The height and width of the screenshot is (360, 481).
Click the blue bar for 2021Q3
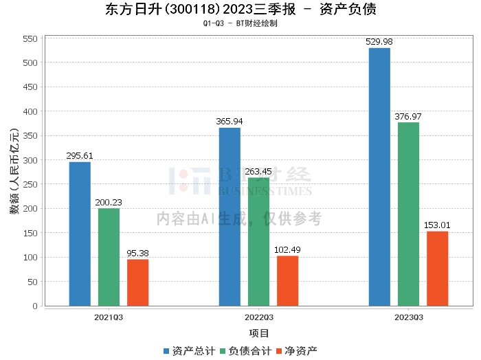(80, 234)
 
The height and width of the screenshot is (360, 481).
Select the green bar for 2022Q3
(258, 242)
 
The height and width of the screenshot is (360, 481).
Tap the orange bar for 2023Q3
(437, 269)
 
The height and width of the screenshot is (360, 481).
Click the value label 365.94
(230, 121)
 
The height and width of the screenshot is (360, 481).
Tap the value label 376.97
(408, 116)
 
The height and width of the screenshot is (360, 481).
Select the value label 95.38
(137, 253)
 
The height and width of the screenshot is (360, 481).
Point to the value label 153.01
(437, 225)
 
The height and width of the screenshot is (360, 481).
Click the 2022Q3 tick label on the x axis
(258, 317)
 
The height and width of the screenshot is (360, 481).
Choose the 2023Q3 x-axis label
(408, 317)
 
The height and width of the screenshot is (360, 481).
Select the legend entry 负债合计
(245, 350)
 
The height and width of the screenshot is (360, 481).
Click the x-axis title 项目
(259, 333)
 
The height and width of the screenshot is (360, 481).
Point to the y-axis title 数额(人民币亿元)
(14, 172)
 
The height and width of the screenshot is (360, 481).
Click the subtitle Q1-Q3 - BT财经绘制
(240, 23)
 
